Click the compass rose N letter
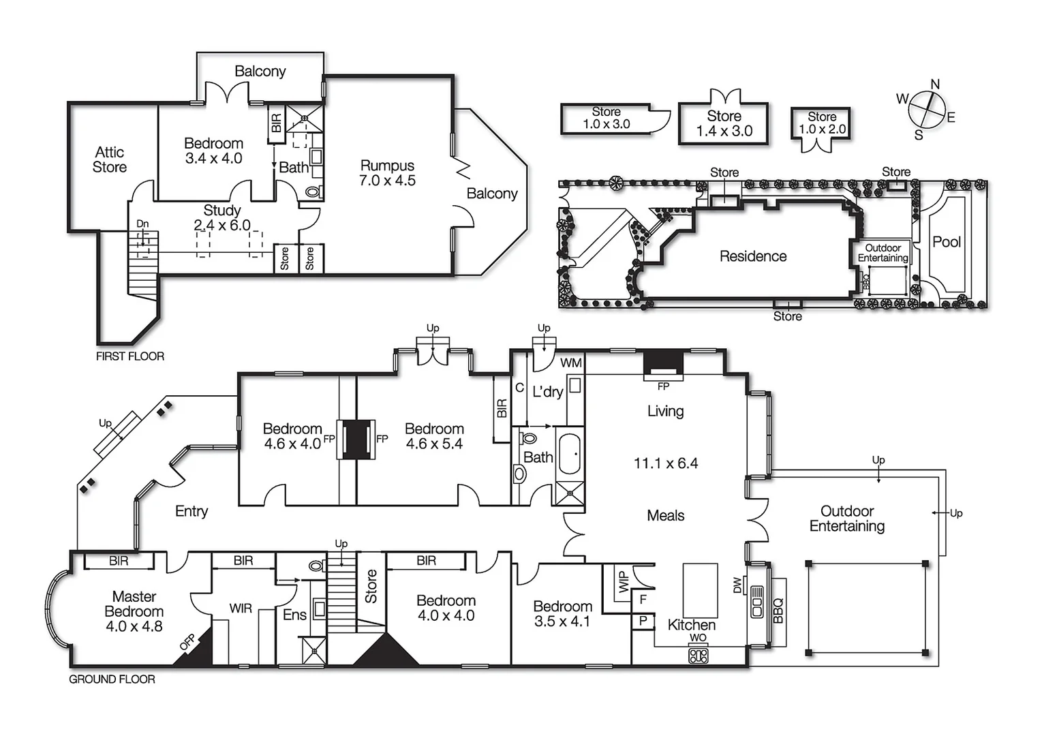[x=934, y=85]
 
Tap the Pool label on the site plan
[x=947, y=242]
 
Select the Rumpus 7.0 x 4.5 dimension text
[x=387, y=181]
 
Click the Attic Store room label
[x=110, y=159]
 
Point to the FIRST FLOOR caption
[x=129, y=356]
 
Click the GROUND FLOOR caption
[x=112, y=679]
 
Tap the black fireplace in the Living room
[x=663, y=363]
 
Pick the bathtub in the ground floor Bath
[x=570, y=453]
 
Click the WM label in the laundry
[x=570, y=363]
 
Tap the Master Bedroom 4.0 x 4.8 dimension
[x=134, y=626]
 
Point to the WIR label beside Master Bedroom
[x=240, y=608]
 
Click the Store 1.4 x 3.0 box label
[x=724, y=131]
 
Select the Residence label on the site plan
[x=753, y=256]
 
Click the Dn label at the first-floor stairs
[x=142, y=224]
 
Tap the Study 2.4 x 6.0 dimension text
[x=222, y=225]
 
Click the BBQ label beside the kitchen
[x=778, y=611]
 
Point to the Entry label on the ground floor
[x=191, y=511]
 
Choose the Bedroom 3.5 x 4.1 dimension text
[x=562, y=621]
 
